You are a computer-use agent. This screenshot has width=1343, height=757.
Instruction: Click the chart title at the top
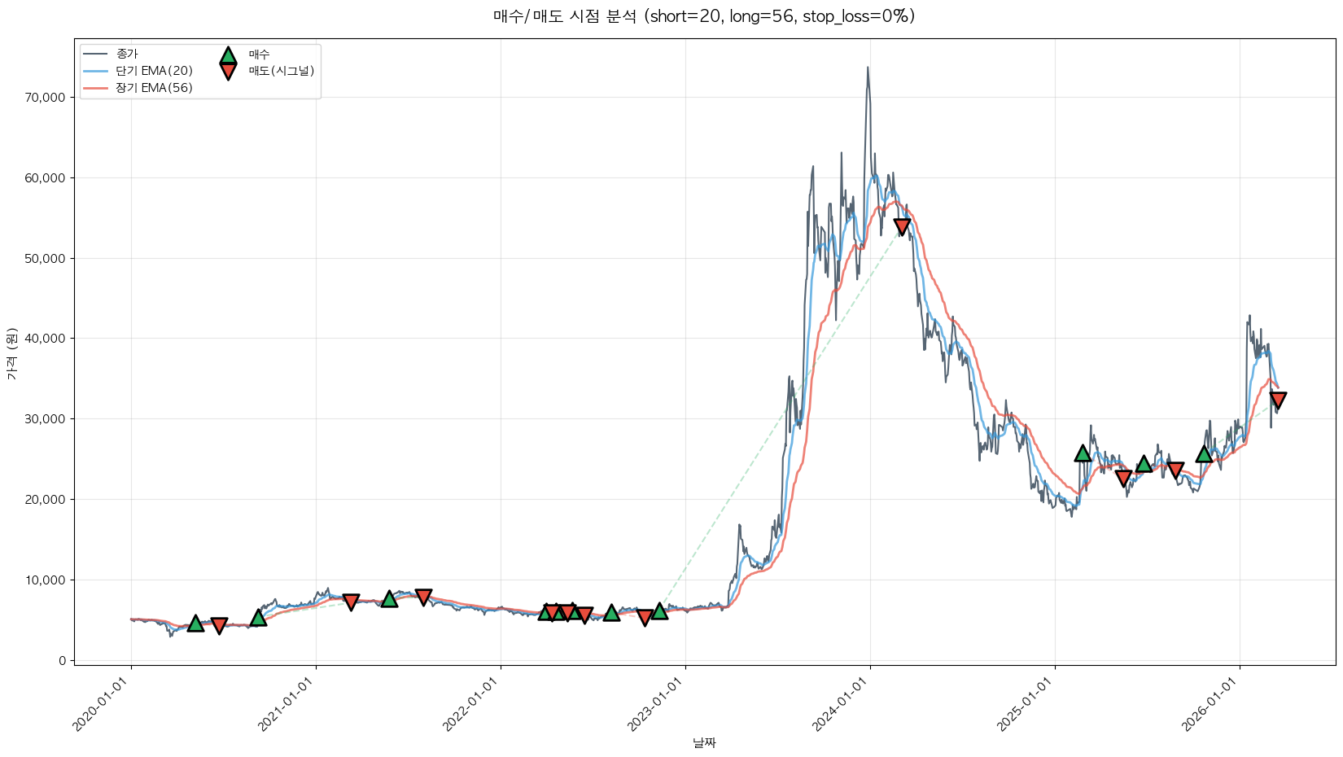coord(703,16)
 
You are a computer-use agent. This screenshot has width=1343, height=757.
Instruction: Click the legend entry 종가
coord(127,54)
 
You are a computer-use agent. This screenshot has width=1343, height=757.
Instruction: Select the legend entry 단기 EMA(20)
coord(154,71)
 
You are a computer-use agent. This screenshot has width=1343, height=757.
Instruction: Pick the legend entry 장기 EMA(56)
coord(154,88)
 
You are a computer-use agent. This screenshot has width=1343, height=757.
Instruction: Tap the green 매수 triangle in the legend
coord(228,55)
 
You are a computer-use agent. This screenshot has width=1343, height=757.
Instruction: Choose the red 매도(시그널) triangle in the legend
coord(228,72)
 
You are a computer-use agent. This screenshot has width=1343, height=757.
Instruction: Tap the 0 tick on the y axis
coord(62,661)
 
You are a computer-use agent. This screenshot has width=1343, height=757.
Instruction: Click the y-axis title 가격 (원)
coord(11,353)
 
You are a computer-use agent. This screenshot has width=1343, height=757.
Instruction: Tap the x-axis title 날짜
coord(704,742)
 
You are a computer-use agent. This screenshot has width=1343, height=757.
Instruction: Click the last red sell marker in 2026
coord(1278,400)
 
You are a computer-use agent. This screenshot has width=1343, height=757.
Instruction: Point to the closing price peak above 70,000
coord(868,68)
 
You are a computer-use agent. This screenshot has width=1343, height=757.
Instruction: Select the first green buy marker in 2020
coord(195,624)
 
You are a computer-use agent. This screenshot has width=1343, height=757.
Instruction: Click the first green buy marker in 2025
coord(1083,453)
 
